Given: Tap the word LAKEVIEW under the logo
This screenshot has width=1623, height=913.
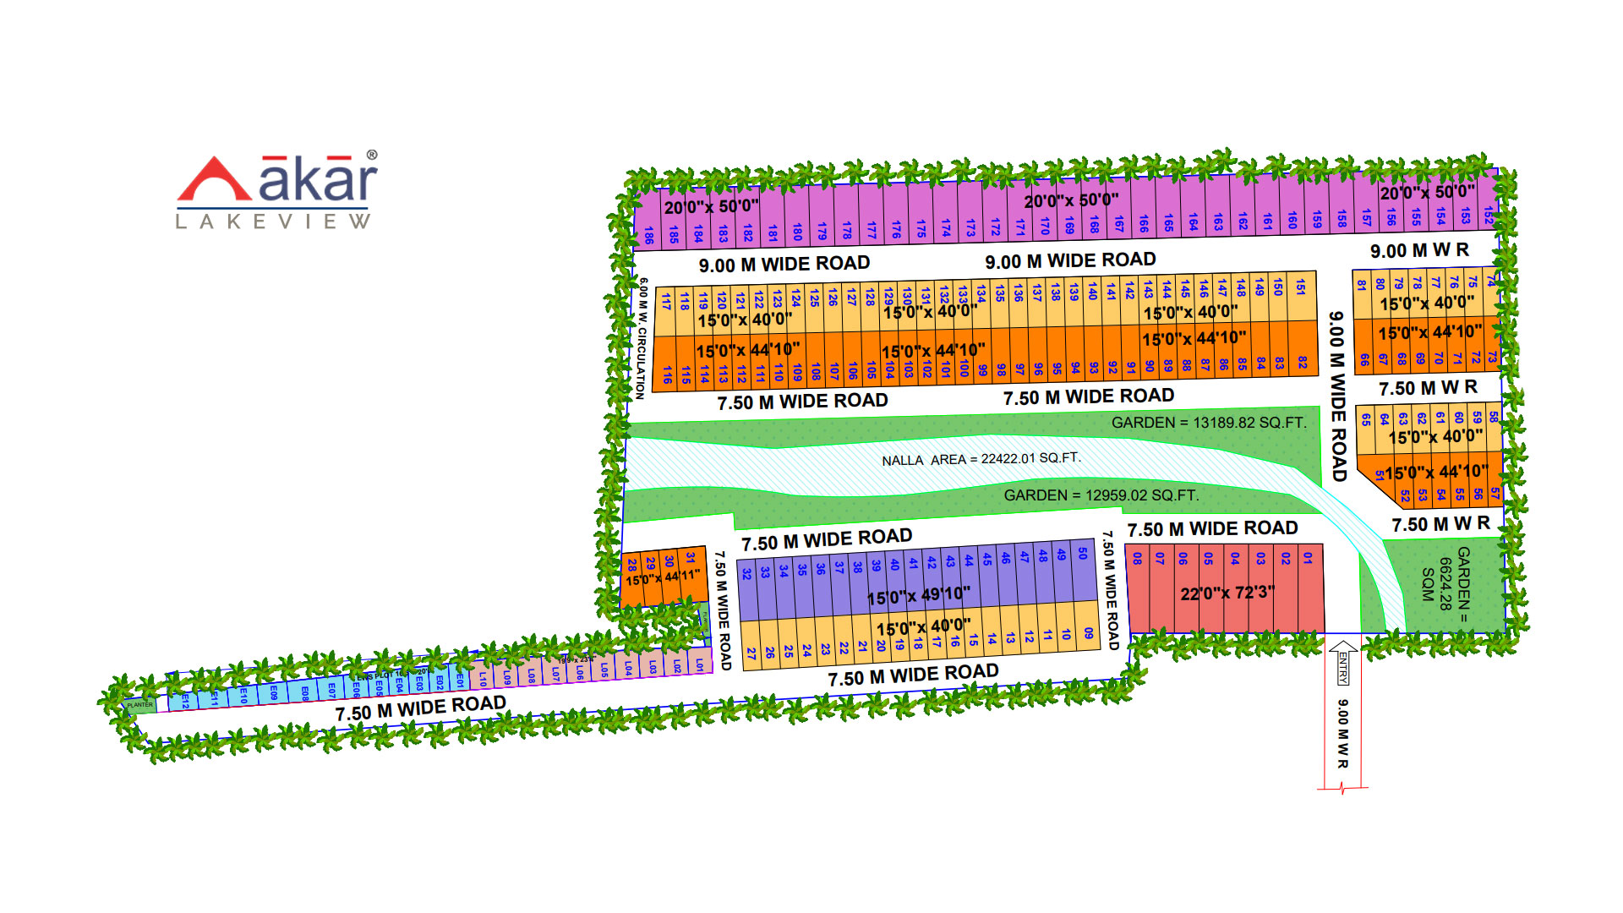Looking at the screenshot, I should pyautogui.click(x=272, y=221).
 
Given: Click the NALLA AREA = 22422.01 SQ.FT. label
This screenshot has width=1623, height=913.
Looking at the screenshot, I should pyautogui.click(x=981, y=459).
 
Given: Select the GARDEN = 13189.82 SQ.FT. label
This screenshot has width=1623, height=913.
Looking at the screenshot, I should pyautogui.click(x=1209, y=422).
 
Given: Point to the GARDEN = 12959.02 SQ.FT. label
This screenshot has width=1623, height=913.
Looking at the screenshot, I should pyautogui.click(x=1101, y=495).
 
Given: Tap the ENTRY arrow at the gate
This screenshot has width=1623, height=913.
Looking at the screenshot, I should pyautogui.click(x=1342, y=663).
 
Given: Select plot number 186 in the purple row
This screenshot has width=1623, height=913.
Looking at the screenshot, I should pyautogui.click(x=648, y=235).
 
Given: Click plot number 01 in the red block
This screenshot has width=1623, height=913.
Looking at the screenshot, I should pyautogui.click(x=1308, y=559).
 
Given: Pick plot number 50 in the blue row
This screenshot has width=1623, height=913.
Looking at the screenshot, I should pyautogui.click(x=1082, y=554).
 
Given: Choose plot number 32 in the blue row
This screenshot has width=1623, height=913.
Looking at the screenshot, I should pyautogui.click(x=746, y=573).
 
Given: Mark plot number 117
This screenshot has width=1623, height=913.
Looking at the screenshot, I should pyautogui.click(x=666, y=301).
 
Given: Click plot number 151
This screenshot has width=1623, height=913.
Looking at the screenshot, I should pyautogui.click(x=1300, y=287).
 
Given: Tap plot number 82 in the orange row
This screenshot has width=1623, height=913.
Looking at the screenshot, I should pyautogui.click(x=1303, y=362).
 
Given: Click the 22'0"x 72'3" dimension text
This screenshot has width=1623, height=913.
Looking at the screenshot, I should pyautogui.click(x=1227, y=593).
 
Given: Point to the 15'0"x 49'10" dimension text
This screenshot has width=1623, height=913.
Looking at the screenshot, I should pyautogui.click(x=919, y=596).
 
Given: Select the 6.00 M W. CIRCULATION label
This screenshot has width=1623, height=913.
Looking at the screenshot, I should pyautogui.click(x=642, y=338).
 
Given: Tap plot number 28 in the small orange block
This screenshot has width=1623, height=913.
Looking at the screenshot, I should pyautogui.click(x=631, y=565).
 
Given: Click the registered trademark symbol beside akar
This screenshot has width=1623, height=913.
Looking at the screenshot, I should pyautogui.click(x=372, y=156).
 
